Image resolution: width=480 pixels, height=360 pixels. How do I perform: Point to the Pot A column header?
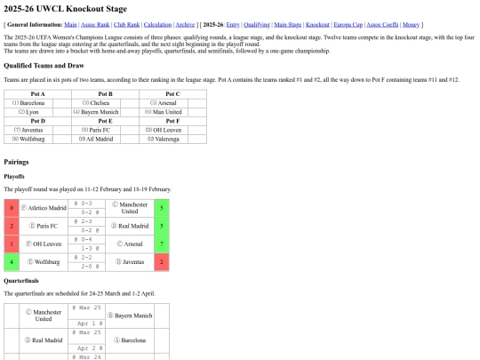[x=37, y=93]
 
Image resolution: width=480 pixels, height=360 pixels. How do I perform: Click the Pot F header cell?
[x=172, y=121]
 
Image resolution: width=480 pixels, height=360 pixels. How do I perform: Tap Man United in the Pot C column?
[x=166, y=112]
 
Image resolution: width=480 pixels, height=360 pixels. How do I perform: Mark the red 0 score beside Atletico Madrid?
[x=12, y=208]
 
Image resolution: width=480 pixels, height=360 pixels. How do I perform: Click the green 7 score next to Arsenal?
[x=160, y=244]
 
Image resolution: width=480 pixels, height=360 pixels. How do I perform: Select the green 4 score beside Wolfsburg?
[x=12, y=262]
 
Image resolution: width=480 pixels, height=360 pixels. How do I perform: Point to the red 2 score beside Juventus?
[x=160, y=262]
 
